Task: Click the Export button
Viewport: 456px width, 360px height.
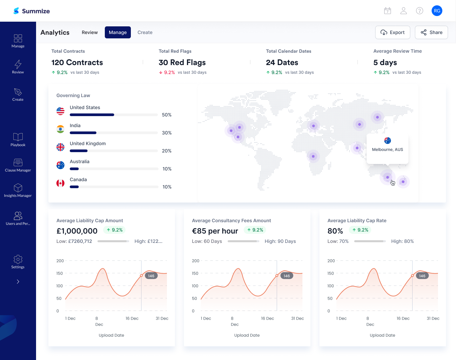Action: pos(393,32)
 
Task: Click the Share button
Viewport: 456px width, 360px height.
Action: pos(431,32)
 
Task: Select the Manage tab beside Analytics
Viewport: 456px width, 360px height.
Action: pos(118,32)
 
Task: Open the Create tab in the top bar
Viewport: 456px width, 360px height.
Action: pos(145,32)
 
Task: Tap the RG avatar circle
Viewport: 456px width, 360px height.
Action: pos(437,11)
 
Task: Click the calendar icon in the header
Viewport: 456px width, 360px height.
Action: pos(388,11)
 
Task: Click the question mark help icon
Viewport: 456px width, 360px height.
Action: pos(420,11)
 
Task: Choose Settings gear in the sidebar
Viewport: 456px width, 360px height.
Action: pos(18,262)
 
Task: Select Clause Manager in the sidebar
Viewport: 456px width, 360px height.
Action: pos(18,165)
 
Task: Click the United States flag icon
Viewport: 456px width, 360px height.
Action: pos(60,111)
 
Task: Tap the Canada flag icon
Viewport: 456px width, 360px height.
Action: pos(60,183)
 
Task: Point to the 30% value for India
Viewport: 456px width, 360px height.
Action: pos(167,133)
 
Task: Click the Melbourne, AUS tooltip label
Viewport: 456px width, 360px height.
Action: pos(387,149)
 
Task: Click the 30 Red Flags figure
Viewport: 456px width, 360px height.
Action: pos(182,62)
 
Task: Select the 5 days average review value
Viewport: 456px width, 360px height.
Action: pos(385,62)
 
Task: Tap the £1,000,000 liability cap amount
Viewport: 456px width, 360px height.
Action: pos(77,231)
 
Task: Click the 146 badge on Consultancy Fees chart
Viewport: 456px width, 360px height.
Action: pos(287,276)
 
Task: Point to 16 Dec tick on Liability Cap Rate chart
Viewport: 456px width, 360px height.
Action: pos(403,318)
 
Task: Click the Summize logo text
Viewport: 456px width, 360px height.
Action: pos(36,11)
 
